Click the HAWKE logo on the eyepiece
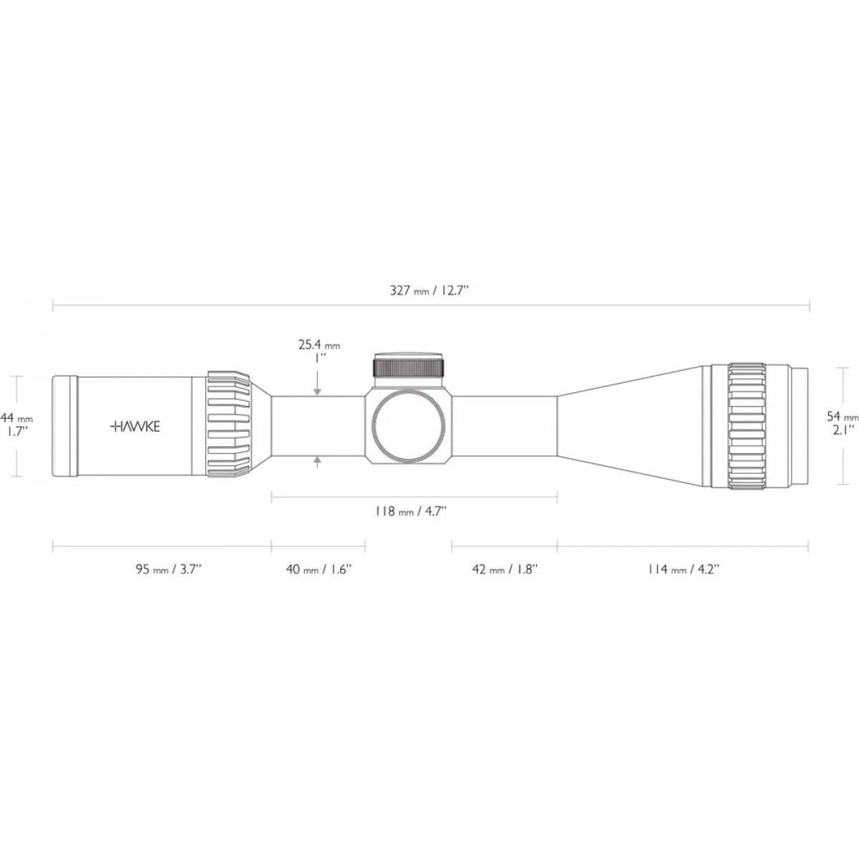[x=135, y=427]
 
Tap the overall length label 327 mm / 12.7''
[x=429, y=291]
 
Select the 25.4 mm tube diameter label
[x=319, y=346]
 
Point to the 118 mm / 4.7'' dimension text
[x=411, y=511]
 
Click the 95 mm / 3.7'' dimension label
[x=170, y=570]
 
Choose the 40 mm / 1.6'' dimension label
[x=319, y=570]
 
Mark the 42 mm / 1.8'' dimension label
[x=505, y=570]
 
